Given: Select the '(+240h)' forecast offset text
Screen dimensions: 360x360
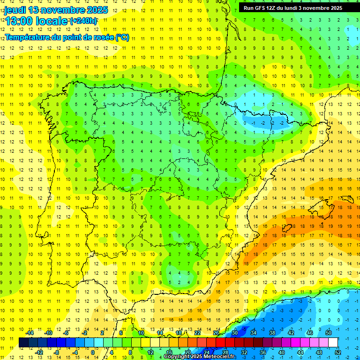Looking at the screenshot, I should click(x=83, y=21).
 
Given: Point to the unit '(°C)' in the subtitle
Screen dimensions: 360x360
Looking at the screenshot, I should click(x=122, y=37).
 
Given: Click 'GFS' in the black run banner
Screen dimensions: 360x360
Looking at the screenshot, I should click(x=259, y=8).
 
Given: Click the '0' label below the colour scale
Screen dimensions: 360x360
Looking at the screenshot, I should click(x=93, y=352).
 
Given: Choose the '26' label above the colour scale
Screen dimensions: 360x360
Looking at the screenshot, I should click(x=216, y=333).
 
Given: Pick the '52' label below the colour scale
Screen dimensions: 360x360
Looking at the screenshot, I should click(x=338, y=352).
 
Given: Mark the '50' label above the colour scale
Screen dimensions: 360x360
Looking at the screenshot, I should click(x=329, y=333).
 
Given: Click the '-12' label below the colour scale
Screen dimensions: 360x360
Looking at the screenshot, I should click(x=39, y=352).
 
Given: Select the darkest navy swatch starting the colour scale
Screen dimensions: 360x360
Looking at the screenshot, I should click(x=23, y=343).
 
